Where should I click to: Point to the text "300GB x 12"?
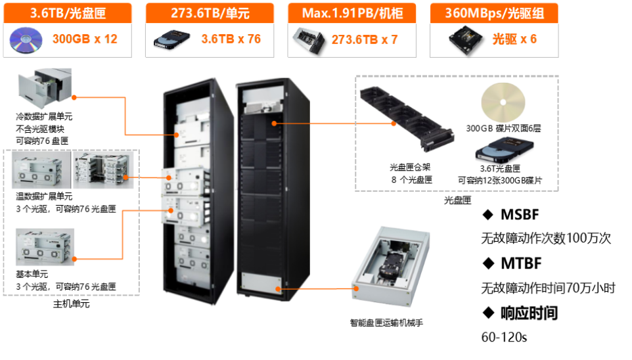(x=85, y=39)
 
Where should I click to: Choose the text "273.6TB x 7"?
(x=365, y=39)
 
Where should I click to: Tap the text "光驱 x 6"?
(x=514, y=39)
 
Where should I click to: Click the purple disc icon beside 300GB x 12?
(x=26, y=39)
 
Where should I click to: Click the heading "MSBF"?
(x=520, y=215)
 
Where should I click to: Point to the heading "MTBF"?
(x=520, y=263)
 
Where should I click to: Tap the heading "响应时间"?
(x=528, y=313)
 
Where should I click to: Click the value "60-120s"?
(x=505, y=338)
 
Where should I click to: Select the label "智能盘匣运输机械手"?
(x=387, y=323)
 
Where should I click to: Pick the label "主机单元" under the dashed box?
(x=71, y=304)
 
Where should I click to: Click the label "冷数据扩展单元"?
(x=45, y=116)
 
